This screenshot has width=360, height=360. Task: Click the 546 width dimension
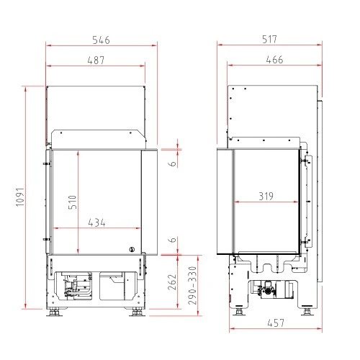coord(102,40)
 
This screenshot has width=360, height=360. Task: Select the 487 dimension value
coord(96,60)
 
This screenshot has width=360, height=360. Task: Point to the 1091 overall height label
coord(20,197)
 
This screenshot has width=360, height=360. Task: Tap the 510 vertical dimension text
coord(72,202)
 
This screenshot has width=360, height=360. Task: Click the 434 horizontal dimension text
coord(96,222)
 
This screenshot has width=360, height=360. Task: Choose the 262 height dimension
coord(172,282)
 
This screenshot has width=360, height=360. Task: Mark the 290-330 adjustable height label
coord(192,286)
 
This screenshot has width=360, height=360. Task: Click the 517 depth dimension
coord(269,40)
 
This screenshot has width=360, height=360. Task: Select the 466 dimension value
coord(274,60)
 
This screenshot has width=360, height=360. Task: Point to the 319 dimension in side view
coord(266,197)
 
